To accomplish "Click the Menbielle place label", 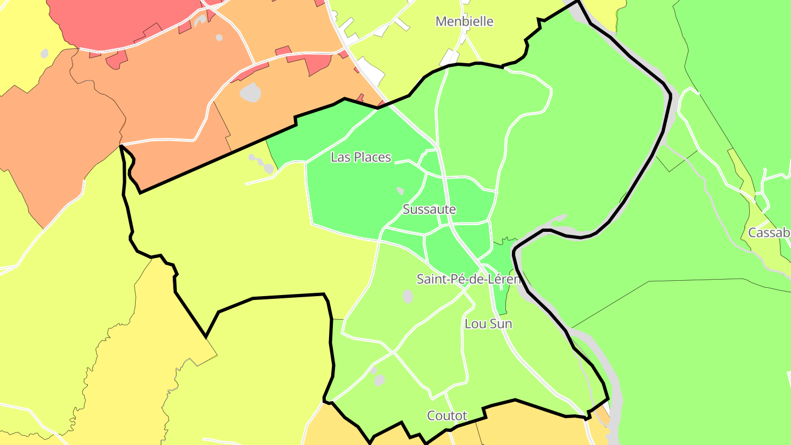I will [x=464, y=21].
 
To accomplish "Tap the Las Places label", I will [x=360, y=157].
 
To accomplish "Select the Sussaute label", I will [x=429, y=209].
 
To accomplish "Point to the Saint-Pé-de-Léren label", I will [x=468, y=279].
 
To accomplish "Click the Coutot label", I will [x=447, y=415].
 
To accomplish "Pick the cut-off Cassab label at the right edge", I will [x=768, y=233].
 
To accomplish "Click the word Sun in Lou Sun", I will [x=500, y=324].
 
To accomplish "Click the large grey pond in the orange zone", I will [x=250, y=92].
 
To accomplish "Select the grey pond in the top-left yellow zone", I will [x=44, y=53].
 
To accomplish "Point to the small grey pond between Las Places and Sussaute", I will [x=400, y=191].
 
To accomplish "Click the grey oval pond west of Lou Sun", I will [x=408, y=297].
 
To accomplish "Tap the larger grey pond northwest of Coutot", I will [x=379, y=380].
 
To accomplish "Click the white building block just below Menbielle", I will [x=450, y=57].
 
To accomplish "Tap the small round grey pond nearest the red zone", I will [x=219, y=38].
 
